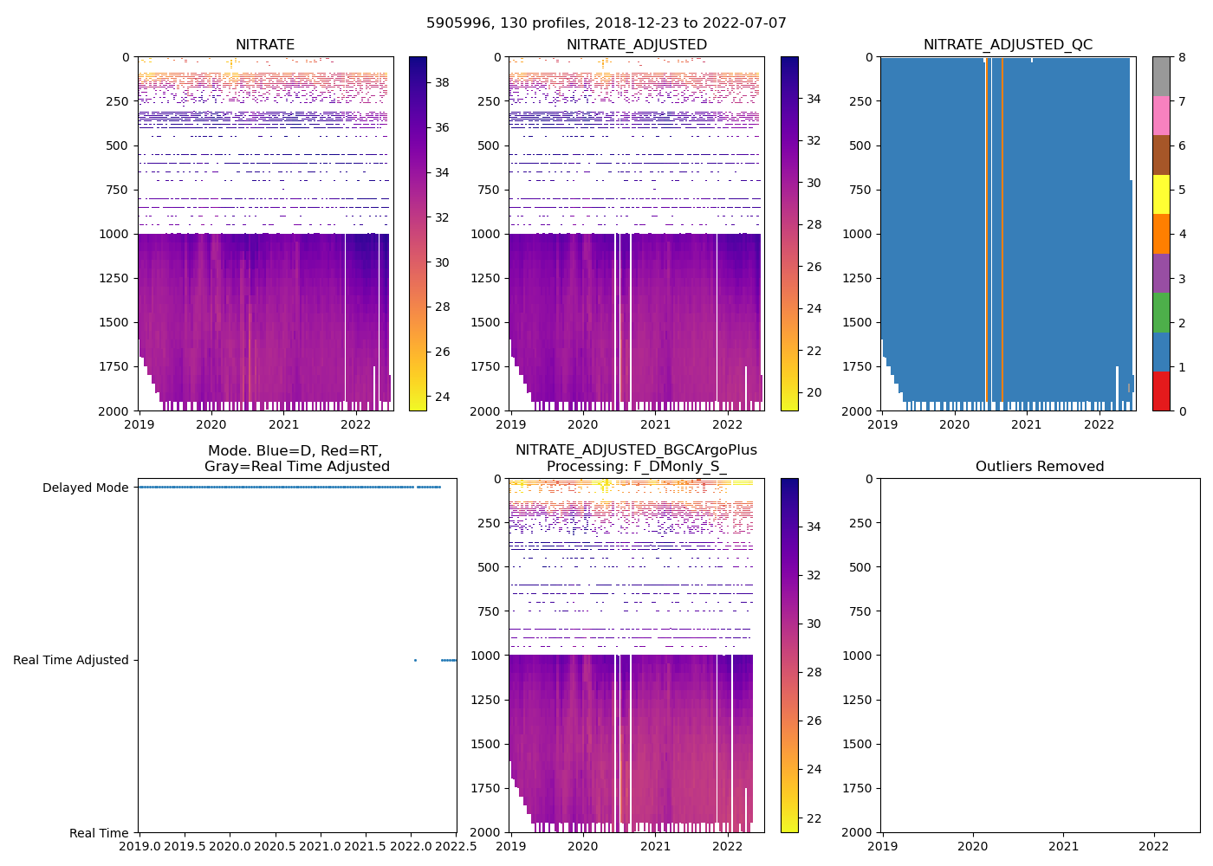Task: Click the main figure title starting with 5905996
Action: (606, 23)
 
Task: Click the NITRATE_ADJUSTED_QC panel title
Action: (1008, 45)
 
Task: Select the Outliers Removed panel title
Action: (1039, 467)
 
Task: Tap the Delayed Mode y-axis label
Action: (85, 488)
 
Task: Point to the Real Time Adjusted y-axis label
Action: (70, 660)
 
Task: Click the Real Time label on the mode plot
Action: (99, 833)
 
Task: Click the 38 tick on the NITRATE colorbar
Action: (442, 83)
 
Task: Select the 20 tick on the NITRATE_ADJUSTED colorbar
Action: (814, 392)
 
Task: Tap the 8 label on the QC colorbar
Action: (1182, 57)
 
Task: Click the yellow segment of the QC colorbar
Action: (1161, 194)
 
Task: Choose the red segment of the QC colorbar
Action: (1161, 391)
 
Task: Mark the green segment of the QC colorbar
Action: (1161, 312)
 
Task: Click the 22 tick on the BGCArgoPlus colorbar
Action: (814, 818)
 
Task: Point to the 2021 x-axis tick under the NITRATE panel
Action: (283, 424)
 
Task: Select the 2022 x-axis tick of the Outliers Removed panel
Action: (1154, 846)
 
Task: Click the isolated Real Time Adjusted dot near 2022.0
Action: (415, 660)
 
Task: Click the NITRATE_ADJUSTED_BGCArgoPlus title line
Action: (636, 450)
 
